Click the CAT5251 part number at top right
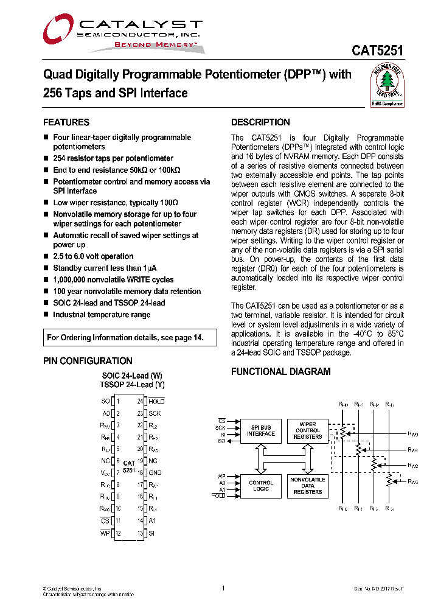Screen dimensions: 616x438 [377, 52]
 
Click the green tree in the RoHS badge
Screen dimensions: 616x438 [388, 80]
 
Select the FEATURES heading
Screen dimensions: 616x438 [66, 122]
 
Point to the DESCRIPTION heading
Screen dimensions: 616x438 [260, 122]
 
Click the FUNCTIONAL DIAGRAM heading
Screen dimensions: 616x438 [281, 372]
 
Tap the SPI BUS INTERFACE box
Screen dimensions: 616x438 [261, 430]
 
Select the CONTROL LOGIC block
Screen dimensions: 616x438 [261, 485]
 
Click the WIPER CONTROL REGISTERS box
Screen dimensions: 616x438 [308, 430]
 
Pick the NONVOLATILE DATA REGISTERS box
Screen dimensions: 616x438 [308, 485]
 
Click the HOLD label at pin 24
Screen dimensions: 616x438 [156, 401]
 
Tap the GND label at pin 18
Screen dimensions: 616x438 [155, 472]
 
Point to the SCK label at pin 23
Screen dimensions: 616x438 [155, 413]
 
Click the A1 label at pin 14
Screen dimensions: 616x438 [153, 520]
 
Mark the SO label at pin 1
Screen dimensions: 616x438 [105, 401]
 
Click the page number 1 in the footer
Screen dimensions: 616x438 [223, 588]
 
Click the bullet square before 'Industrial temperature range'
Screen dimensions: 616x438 [46, 315]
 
